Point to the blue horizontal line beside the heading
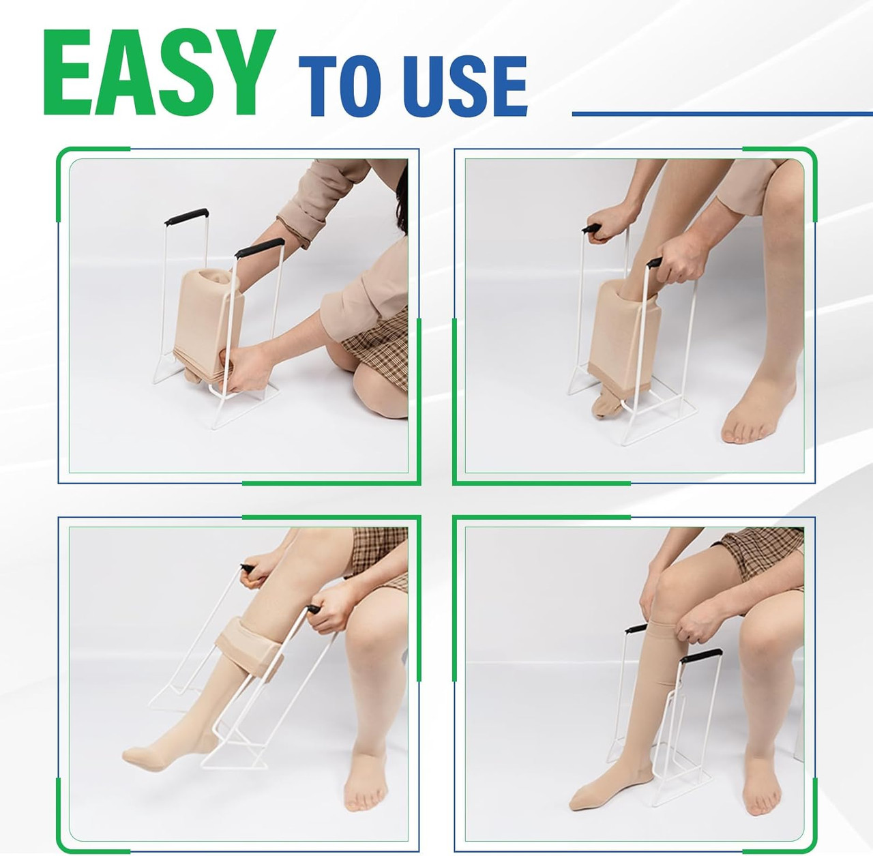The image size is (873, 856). pyautogui.click(x=722, y=113)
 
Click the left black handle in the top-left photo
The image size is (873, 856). pyautogui.click(x=186, y=216)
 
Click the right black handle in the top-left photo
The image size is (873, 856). pyautogui.click(x=260, y=247)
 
